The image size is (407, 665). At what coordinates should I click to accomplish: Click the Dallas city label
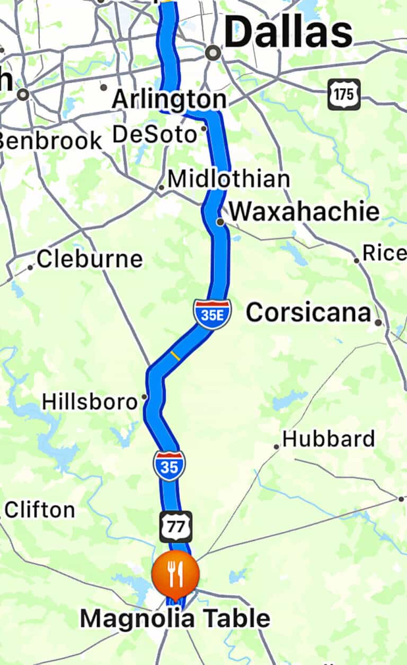(x=288, y=33)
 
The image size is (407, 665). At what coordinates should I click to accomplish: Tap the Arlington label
(x=169, y=100)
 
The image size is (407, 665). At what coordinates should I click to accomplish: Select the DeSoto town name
(x=154, y=134)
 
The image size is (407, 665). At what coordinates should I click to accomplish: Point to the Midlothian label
(x=228, y=179)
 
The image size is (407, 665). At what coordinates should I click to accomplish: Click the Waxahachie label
(x=305, y=211)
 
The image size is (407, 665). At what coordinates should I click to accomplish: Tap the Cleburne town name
(x=90, y=259)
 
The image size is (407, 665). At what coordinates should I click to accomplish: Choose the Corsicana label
(x=308, y=313)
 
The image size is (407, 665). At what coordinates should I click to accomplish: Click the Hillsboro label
(x=90, y=401)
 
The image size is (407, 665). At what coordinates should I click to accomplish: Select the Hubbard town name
(x=329, y=439)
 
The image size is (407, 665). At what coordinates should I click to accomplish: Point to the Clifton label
(x=40, y=510)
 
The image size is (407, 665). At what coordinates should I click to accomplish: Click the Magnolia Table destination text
(x=175, y=618)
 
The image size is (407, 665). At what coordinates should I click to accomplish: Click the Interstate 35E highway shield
(x=212, y=314)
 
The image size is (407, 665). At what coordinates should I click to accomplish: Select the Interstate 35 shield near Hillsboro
(x=170, y=466)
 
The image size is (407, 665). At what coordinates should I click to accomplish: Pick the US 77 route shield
(x=176, y=527)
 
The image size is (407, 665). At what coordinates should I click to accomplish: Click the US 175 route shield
(x=344, y=94)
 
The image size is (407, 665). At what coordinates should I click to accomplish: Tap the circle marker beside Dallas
(x=213, y=52)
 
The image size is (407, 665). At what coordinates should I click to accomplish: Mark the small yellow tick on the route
(x=175, y=356)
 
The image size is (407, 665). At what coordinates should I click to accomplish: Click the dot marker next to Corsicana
(x=378, y=322)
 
